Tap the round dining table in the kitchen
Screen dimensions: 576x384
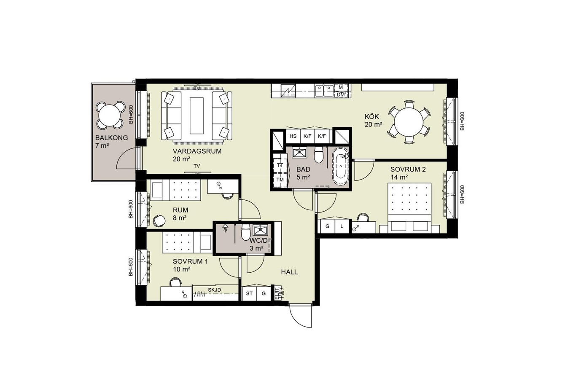pos(409,122)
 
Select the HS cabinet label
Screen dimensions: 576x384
pos(293,136)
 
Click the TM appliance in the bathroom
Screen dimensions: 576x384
pos(280,180)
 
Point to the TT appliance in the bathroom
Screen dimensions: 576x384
pos(280,166)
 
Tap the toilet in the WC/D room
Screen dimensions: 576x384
pos(245,231)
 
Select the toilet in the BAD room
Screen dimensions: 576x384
pos(319,155)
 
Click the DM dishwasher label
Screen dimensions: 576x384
pos(340,95)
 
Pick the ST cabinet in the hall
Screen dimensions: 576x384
pos(250,293)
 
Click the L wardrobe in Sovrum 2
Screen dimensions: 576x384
pos(342,226)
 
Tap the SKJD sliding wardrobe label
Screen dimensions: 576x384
pos(215,290)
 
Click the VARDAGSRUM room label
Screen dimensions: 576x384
pos(197,151)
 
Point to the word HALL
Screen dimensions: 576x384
pos(289,272)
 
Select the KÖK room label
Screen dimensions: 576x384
pos(371,116)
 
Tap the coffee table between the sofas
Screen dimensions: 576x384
pos(196,115)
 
